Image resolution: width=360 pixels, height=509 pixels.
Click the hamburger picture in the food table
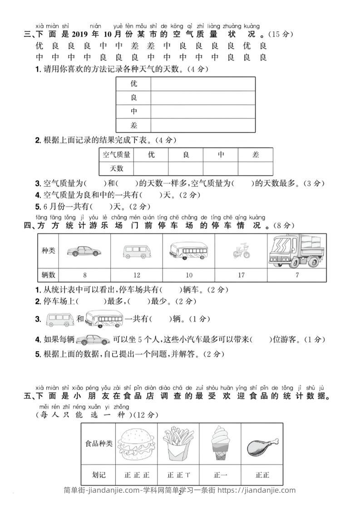click(x=136, y=443)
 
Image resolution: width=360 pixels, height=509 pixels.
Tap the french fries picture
click(x=178, y=443)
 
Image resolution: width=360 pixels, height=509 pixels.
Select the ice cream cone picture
click(x=220, y=443)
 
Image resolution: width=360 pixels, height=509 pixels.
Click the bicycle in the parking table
click(x=241, y=251)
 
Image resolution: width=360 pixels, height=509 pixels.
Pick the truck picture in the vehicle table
click(x=296, y=251)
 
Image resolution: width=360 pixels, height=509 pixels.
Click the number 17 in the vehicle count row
click(x=241, y=275)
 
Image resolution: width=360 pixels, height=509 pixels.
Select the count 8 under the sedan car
click(x=85, y=275)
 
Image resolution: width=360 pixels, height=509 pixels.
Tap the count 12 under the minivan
click(x=137, y=275)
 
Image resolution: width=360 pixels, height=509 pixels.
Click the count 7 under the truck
click(x=297, y=275)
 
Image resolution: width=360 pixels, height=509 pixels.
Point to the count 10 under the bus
click(x=189, y=275)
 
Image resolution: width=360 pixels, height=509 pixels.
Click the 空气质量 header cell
click(x=117, y=155)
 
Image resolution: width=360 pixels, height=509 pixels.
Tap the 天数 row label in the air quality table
click(x=117, y=168)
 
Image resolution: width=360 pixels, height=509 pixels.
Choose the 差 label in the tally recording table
click(x=133, y=125)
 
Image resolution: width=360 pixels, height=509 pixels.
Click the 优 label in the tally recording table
click(x=133, y=84)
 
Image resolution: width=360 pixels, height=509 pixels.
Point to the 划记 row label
click(x=99, y=475)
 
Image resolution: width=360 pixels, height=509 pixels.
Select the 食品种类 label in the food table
click(x=99, y=443)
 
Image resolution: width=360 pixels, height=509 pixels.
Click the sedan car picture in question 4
click(x=93, y=339)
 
